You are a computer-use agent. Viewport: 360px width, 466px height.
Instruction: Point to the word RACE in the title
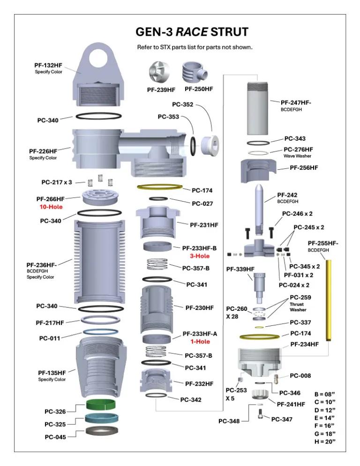tap(191, 32)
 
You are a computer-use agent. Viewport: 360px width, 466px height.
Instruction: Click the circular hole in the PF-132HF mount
tap(101, 59)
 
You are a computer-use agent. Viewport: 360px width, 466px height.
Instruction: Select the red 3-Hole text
tap(200, 256)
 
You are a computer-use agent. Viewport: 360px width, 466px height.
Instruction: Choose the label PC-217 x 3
tap(57, 182)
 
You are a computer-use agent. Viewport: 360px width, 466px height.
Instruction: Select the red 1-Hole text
tap(200, 341)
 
